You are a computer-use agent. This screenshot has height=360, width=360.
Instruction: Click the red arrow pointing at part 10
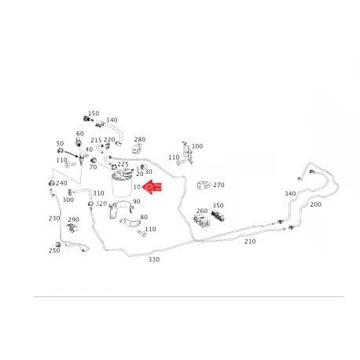(152, 187)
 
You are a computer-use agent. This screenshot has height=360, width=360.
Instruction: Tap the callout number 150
(94, 113)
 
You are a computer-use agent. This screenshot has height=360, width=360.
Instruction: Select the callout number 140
(112, 120)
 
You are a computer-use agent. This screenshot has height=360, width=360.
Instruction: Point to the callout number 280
(140, 139)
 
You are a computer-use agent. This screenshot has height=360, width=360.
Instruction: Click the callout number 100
(197, 146)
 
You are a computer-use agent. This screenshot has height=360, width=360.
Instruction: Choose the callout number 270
(219, 185)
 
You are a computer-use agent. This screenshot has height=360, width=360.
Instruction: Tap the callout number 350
(218, 205)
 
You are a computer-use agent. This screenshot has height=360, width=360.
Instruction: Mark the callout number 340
(290, 193)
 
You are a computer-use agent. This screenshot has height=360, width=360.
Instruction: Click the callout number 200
(315, 204)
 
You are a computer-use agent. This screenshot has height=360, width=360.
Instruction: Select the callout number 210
(250, 241)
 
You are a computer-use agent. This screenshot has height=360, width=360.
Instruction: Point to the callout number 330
(154, 259)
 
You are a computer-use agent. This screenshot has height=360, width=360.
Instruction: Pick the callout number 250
(54, 251)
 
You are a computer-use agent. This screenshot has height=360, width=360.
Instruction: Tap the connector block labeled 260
(201, 220)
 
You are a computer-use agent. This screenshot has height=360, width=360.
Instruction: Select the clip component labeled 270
(204, 186)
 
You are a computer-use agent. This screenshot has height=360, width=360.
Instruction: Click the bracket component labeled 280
(138, 149)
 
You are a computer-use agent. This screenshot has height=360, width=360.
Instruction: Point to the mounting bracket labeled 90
(121, 209)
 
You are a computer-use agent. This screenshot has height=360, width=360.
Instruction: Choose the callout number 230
(54, 219)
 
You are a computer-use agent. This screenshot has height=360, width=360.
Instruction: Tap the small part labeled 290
(72, 228)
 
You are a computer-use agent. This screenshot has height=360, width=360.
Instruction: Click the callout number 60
(80, 134)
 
